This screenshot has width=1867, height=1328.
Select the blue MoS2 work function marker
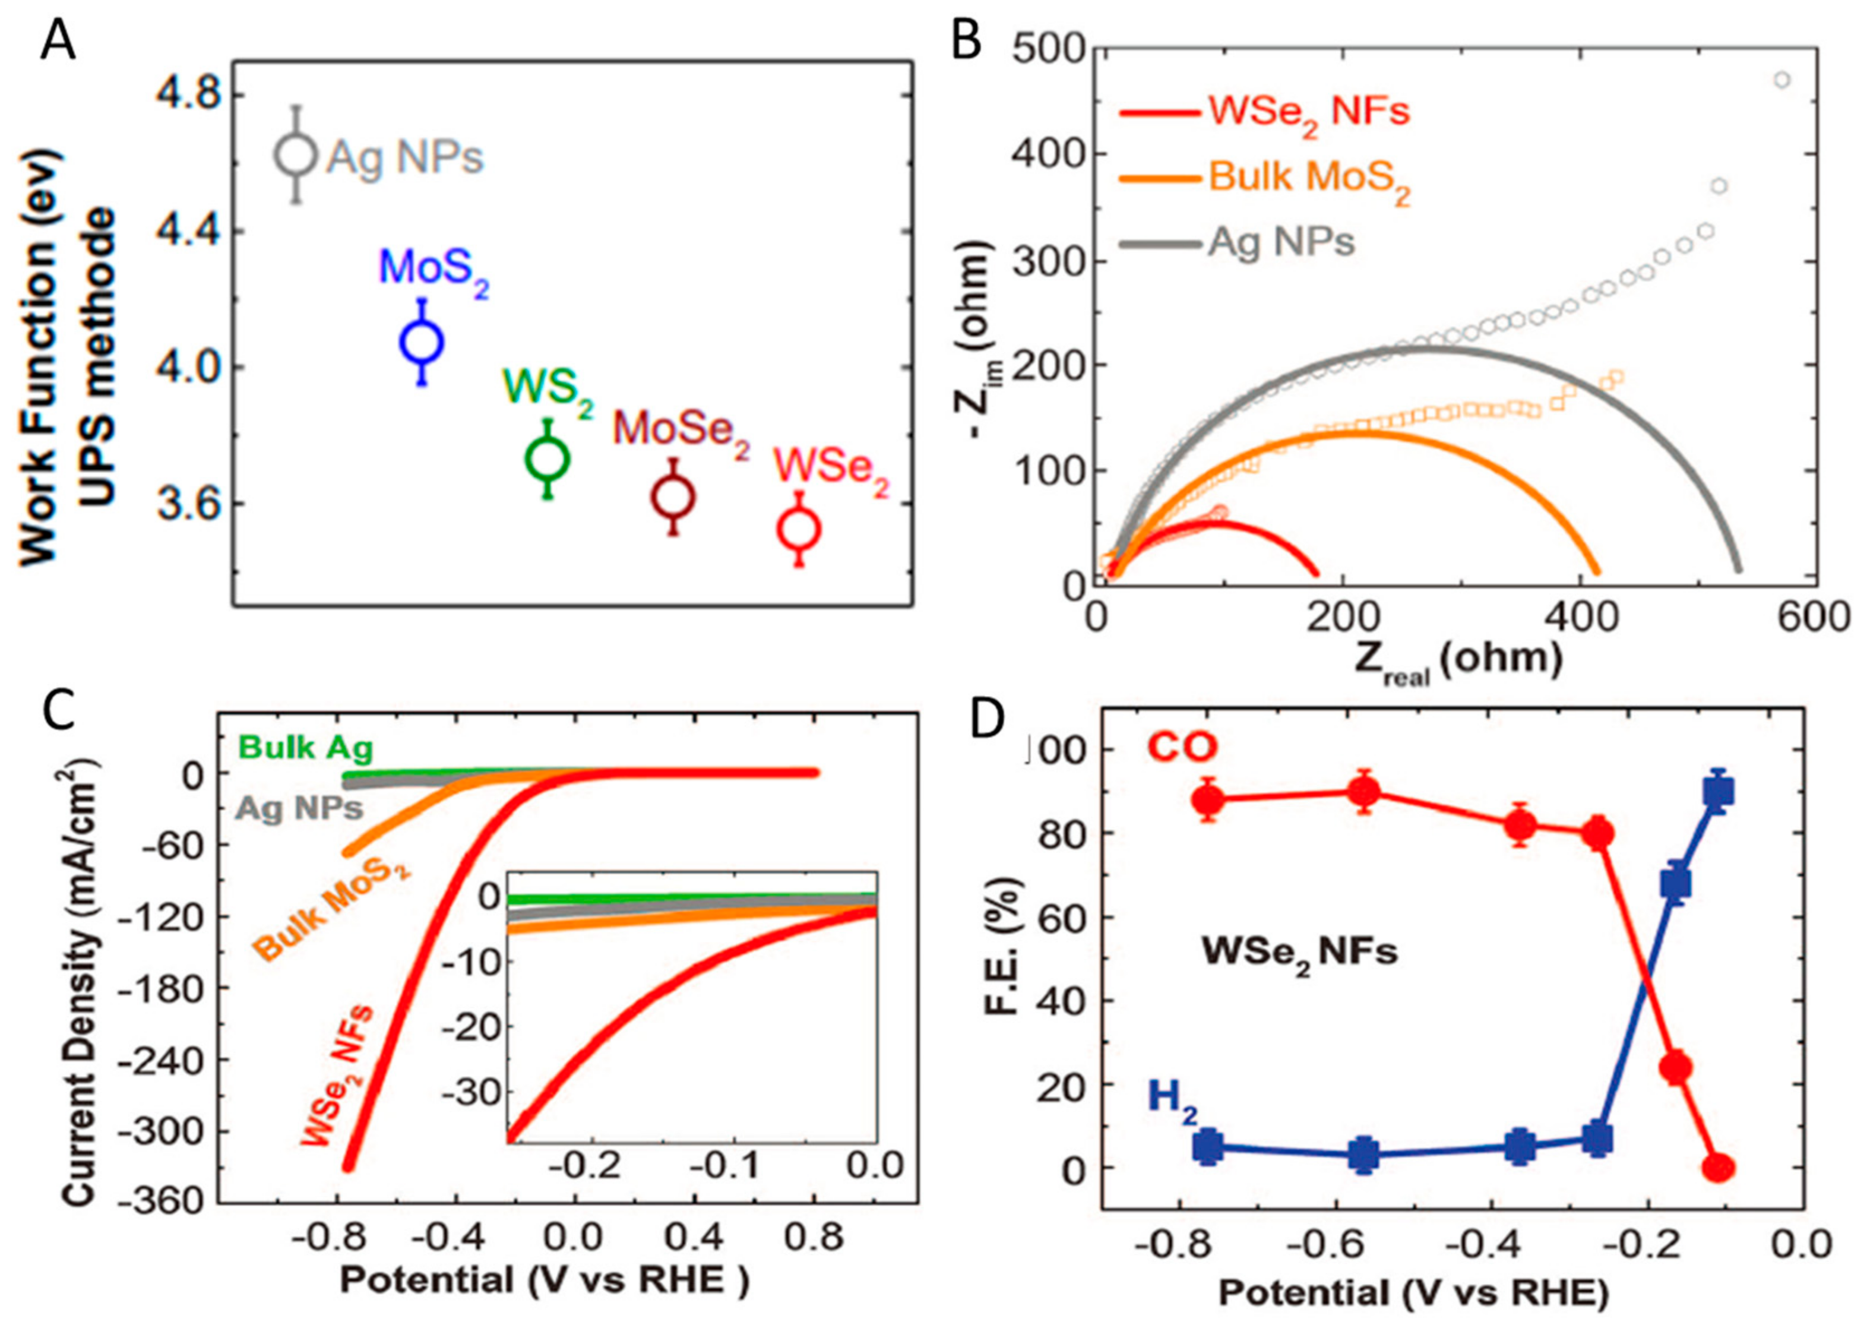pyautogui.click(x=422, y=343)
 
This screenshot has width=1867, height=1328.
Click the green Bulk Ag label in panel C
pyautogui.click(x=306, y=747)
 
